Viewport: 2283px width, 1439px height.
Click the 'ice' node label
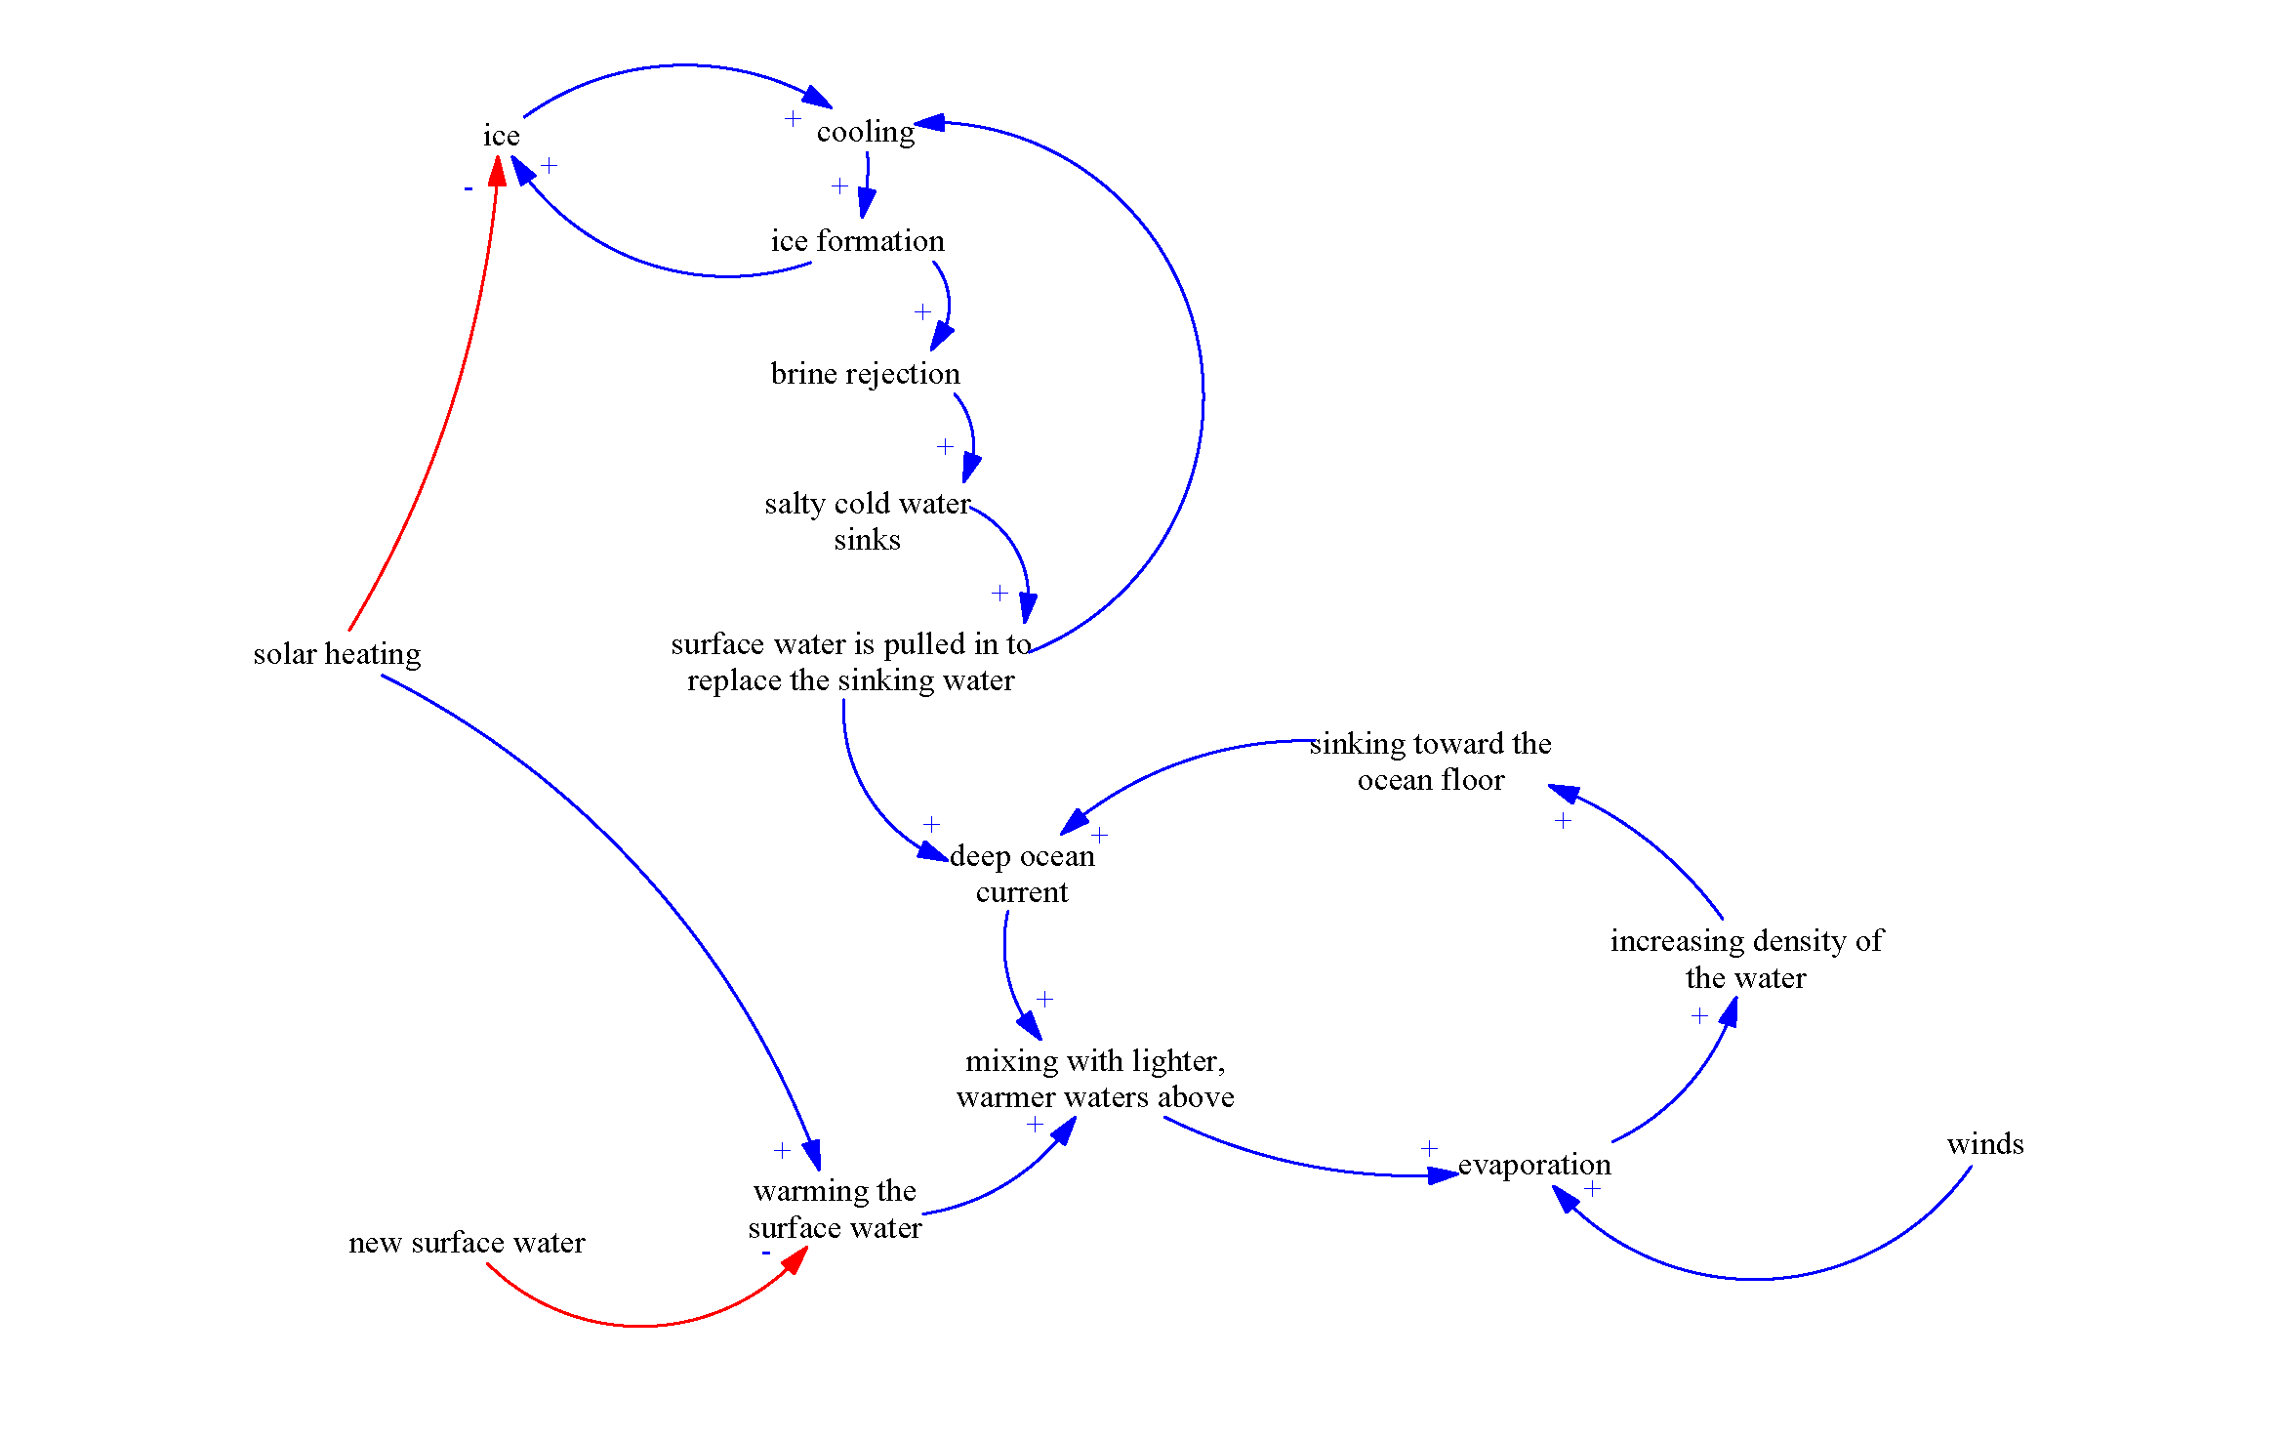[501, 136]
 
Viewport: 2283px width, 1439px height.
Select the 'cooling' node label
[866, 132]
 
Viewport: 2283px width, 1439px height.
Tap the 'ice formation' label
[857, 241]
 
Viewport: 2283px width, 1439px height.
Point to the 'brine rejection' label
[865, 374]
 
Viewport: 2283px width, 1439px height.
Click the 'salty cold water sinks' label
[867, 521]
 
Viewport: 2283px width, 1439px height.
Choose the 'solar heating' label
[337, 654]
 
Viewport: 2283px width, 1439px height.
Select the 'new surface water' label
[467, 1243]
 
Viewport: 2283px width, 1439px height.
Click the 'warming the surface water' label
[835, 1209]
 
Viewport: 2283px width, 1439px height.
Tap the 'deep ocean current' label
[1022, 874]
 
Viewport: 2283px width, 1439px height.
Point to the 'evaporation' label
[1533, 1165]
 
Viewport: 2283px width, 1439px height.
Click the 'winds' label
[1984, 1144]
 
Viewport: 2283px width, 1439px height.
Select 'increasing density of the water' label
[1746, 959]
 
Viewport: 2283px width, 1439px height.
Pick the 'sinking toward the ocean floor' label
[1430, 761]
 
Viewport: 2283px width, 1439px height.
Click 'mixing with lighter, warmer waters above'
[1095, 1079]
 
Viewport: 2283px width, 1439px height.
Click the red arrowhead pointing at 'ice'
[497, 172]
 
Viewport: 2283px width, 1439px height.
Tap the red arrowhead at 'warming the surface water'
[795, 1258]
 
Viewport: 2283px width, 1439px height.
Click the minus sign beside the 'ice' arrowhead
[469, 188]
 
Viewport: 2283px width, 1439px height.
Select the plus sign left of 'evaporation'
[1429, 1148]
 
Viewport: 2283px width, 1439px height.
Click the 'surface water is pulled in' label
[850, 662]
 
